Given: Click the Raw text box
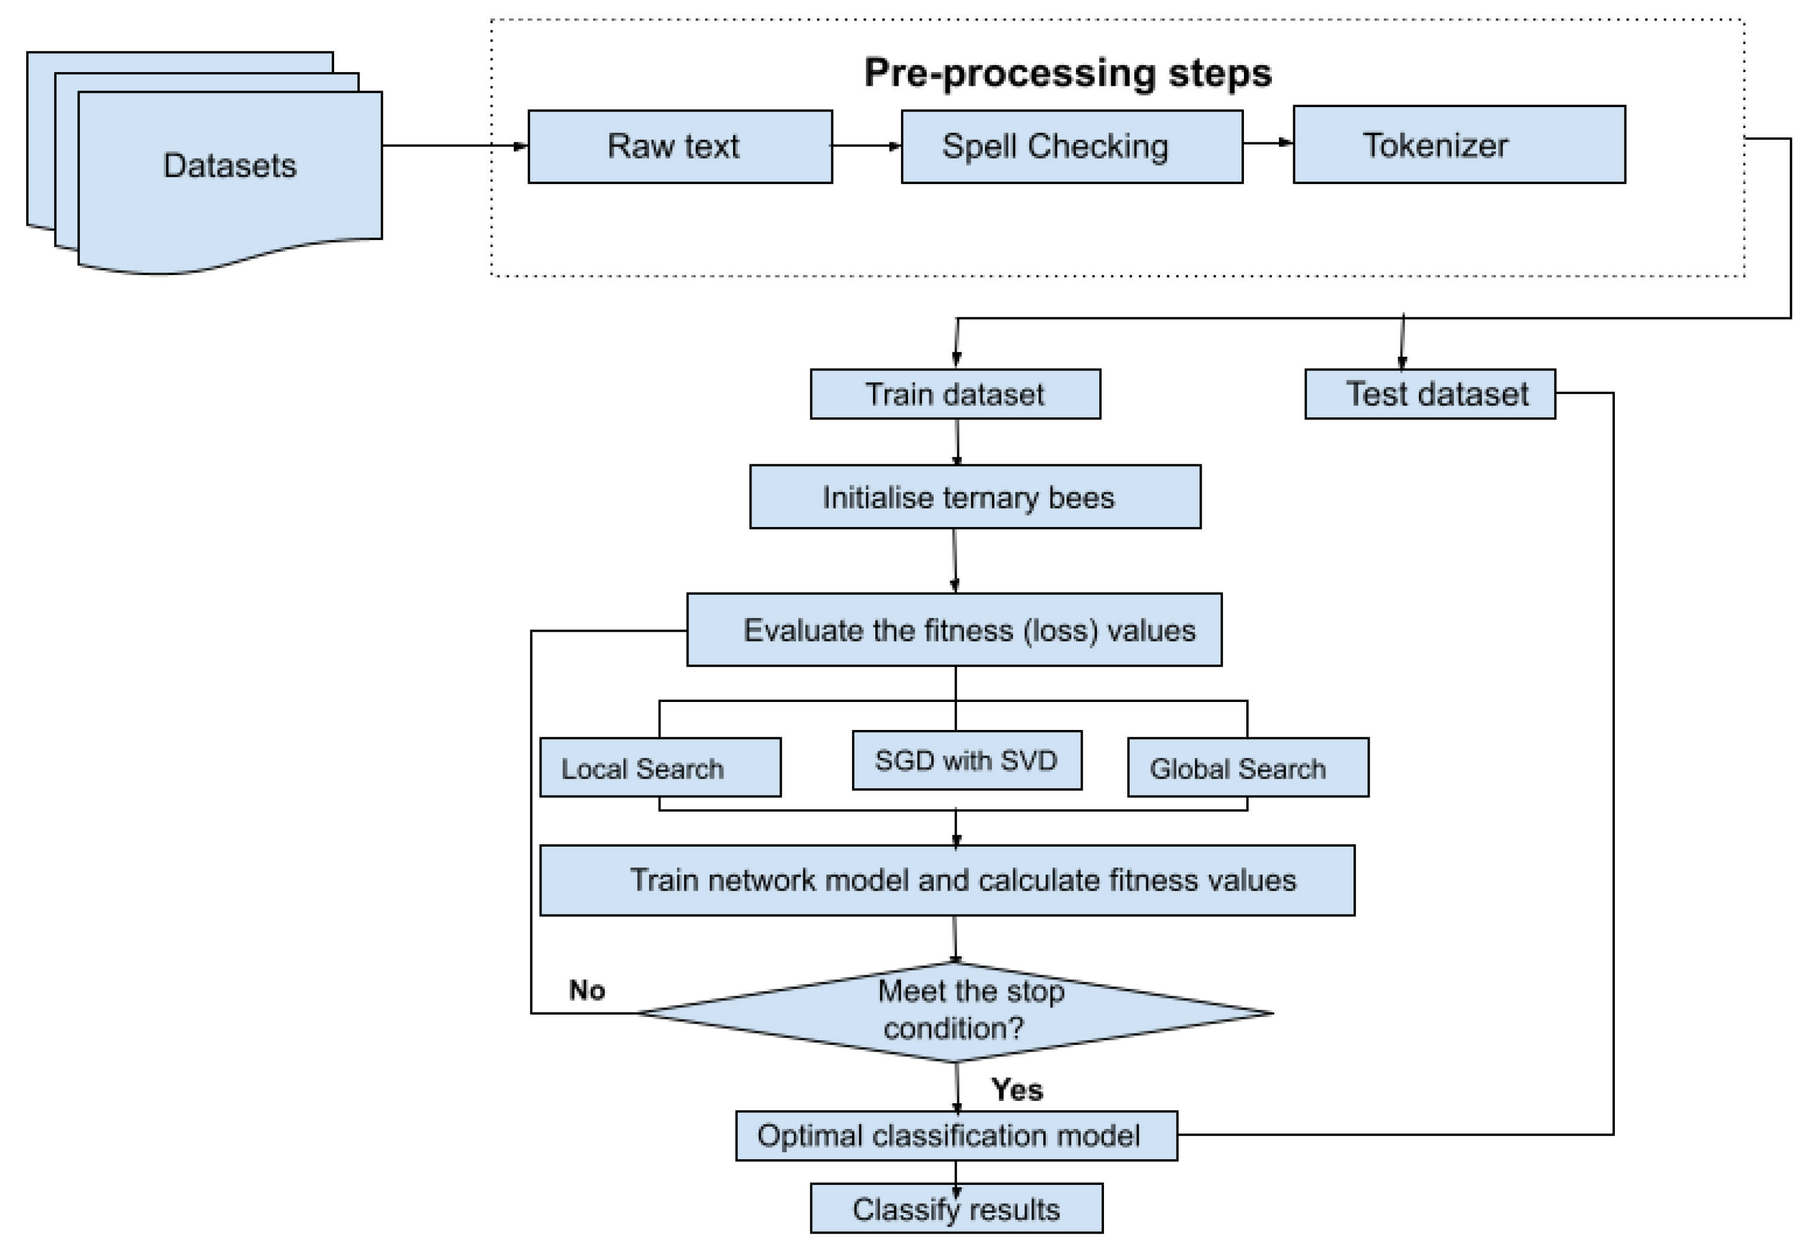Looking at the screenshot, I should (x=679, y=146).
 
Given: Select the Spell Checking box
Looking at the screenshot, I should (x=1071, y=146).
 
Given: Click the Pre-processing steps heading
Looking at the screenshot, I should (x=1067, y=73).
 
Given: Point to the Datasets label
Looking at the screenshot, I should (x=229, y=166).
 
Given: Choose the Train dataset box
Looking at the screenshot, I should (x=955, y=395).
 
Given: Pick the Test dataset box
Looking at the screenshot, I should (x=1429, y=395).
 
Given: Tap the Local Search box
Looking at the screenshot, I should (x=660, y=768).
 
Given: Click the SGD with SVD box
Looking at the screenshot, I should (x=966, y=760).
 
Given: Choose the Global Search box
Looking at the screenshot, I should (x=1247, y=768).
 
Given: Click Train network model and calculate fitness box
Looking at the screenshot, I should (x=947, y=881).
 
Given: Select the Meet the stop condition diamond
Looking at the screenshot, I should (x=955, y=1012).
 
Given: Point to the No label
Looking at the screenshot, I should (x=587, y=990).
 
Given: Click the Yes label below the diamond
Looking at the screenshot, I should (x=1016, y=1090).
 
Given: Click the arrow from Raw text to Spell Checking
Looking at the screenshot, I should (x=866, y=146).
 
